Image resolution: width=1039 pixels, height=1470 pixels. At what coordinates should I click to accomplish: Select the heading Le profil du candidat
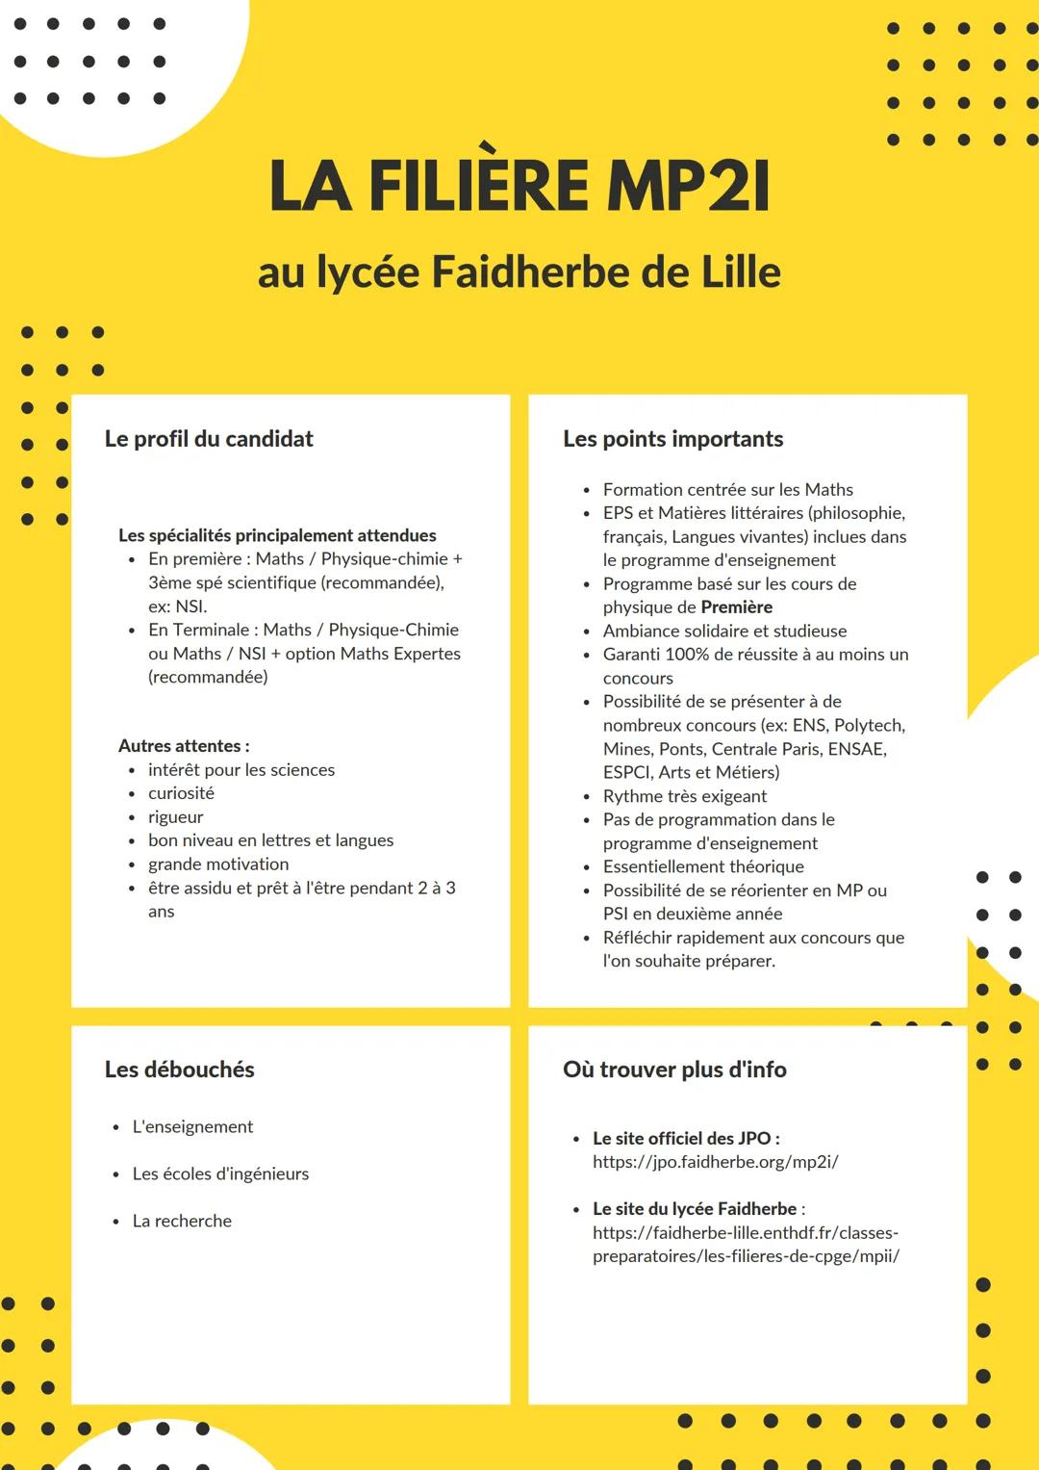click(209, 439)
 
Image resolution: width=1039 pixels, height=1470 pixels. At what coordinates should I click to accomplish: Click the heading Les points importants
click(672, 439)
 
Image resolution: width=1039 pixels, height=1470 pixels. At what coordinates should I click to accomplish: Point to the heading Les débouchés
click(179, 1070)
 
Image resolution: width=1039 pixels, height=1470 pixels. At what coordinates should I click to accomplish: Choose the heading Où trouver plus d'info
click(674, 1070)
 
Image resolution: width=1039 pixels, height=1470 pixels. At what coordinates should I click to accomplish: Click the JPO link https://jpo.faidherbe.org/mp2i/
click(715, 1162)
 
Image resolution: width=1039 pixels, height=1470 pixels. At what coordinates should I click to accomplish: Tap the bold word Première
click(736, 607)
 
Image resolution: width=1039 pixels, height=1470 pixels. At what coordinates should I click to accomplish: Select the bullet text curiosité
click(181, 793)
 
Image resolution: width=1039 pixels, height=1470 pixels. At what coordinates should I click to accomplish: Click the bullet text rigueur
click(175, 816)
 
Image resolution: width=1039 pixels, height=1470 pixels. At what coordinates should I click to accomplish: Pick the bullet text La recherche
click(182, 1221)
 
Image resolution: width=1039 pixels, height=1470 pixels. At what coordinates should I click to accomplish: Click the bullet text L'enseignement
click(192, 1126)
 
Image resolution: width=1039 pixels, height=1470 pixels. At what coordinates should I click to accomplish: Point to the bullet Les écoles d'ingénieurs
click(220, 1173)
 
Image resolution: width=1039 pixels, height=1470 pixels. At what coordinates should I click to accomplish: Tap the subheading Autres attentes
click(183, 746)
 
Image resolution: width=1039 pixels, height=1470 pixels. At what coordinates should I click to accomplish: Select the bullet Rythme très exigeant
click(684, 796)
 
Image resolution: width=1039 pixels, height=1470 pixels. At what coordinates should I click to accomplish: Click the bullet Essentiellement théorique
click(703, 866)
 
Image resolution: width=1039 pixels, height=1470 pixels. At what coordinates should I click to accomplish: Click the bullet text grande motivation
click(218, 864)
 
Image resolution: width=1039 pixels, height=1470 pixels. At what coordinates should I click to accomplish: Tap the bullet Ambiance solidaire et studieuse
click(724, 632)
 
